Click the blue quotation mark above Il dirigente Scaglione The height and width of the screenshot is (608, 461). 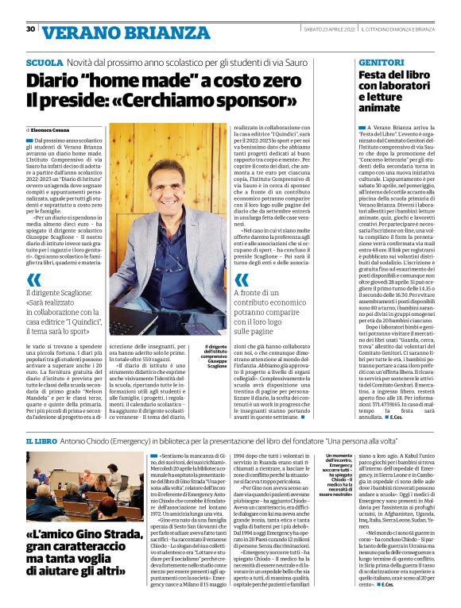[x=35, y=279]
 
